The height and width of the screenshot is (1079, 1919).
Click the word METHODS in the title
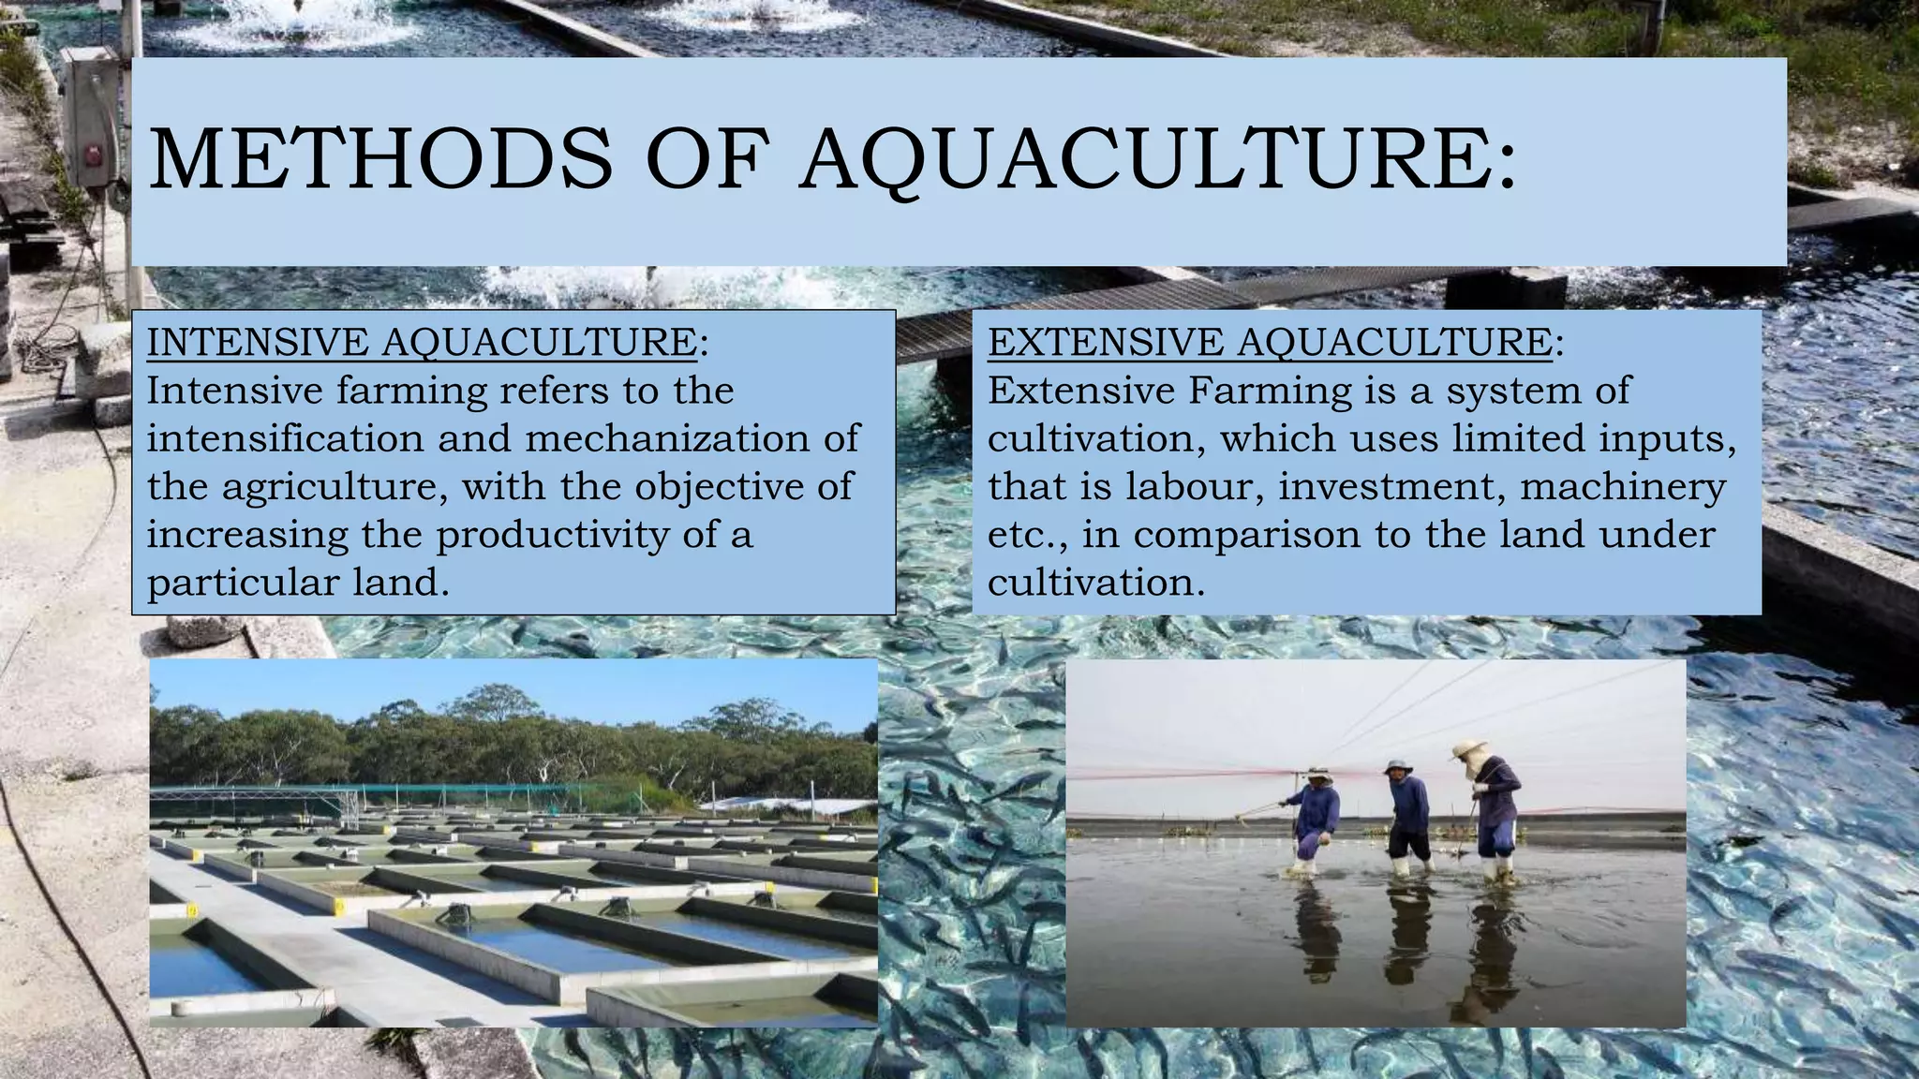[380, 158]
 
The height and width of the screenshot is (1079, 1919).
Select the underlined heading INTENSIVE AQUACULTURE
[422, 343]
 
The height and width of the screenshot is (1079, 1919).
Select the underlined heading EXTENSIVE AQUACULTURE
[1270, 343]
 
